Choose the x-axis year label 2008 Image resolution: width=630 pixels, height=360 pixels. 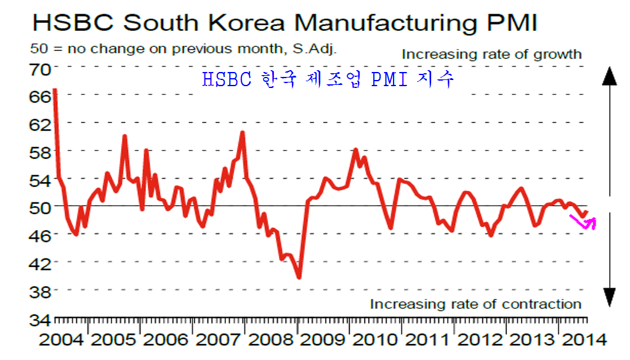pyautogui.click(x=267, y=340)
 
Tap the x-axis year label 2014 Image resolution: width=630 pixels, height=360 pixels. pyautogui.click(x=581, y=340)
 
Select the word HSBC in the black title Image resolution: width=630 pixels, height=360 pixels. pyautogui.click(x=73, y=23)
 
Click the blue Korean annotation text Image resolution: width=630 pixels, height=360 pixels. pyautogui.click(x=328, y=79)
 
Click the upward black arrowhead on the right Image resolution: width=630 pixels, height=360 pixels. pyautogui.click(x=609, y=76)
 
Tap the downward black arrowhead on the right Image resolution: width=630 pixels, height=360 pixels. pyautogui.click(x=609, y=298)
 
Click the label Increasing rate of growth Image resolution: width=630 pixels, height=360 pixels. pyautogui.click(x=491, y=54)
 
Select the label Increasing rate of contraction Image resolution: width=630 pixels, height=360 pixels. pyautogui.click(x=475, y=304)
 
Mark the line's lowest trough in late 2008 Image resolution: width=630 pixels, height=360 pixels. pyautogui.click(x=299, y=277)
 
